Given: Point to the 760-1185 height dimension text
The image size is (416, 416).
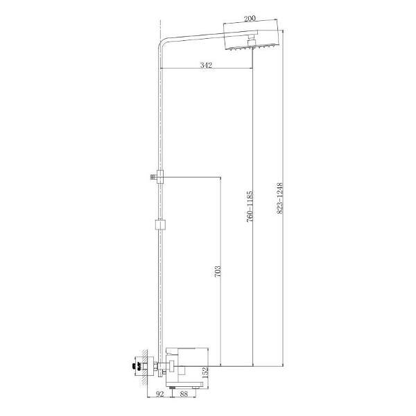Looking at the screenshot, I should (x=250, y=206).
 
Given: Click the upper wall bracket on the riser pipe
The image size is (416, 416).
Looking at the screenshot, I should (x=157, y=177).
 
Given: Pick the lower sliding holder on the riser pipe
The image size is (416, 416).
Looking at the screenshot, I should (x=160, y=225).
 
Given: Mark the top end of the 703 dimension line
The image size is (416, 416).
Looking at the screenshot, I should (x=220, y=176).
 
